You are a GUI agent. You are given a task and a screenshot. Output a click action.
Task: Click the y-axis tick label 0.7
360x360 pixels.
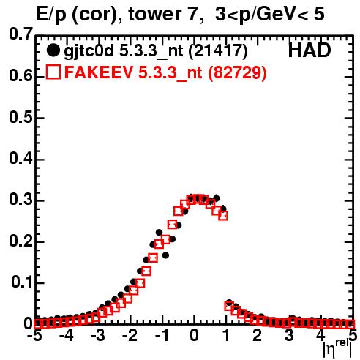click(x=20, y=34)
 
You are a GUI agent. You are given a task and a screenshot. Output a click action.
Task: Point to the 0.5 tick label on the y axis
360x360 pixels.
click(x=20, y=117)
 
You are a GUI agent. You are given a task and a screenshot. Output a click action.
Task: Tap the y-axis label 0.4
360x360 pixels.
click(x=20, y=159)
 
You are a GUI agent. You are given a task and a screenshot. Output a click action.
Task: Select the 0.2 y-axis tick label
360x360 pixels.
click(x=20, y=241)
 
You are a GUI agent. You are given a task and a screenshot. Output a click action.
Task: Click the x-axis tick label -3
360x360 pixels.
click(x=97, y=335)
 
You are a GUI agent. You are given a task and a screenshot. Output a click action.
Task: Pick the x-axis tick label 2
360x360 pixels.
click(x=258, y=335)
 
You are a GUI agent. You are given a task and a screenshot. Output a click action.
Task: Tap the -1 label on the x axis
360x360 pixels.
click(x=162, y=335)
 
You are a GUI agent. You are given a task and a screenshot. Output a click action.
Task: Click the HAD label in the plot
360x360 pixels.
click(x=310, y=50)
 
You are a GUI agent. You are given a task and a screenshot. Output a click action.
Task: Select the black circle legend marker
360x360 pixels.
click(x=53, y=50)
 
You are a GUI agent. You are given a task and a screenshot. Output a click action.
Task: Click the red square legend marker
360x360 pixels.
click(x=53, y=72)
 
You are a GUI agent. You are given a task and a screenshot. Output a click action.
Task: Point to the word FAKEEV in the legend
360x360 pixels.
click(x=100, y=72)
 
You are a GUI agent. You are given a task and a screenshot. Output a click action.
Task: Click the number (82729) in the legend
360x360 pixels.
click(x=237, y=72)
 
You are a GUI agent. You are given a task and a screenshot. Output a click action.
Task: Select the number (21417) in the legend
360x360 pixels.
click(x=218, y=51)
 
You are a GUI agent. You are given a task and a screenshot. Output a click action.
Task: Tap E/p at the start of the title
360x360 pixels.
click(x=51, y=15)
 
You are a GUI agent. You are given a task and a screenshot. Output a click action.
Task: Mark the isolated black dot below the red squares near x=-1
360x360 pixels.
click(x=165, y=255)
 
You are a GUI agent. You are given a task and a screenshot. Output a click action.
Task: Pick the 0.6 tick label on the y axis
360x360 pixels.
click(x=20, y=76)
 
